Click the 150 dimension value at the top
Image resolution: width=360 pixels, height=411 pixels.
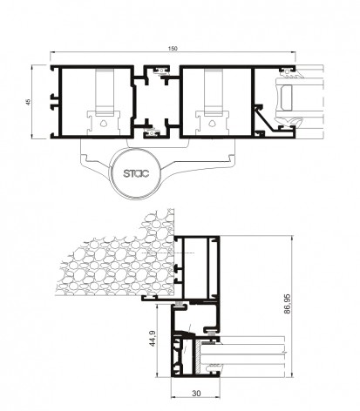[x=173, y=49]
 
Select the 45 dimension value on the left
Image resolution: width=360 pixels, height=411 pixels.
[x=28, y=102]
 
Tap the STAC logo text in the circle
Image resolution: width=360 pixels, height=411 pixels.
[x=136, y=173]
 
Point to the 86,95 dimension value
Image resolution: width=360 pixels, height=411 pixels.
[x=287, y=304]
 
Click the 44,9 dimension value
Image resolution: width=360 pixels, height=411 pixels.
[x=153, y=339]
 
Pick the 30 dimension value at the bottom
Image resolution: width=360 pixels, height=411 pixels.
[x=196, y=394]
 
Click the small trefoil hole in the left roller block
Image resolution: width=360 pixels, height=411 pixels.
[x=104, y=124]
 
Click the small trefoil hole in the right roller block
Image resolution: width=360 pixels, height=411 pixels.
[x=212, y=124]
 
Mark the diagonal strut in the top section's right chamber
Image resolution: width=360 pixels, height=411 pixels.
[x=265, y=119]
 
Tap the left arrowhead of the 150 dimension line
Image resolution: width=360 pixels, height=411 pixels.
[x=52, y=52]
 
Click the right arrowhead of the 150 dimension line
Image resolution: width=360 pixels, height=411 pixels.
[x=294, y=52]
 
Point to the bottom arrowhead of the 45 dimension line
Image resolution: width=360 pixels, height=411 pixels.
[x=32, y=137]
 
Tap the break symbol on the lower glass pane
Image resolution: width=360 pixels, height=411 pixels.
[x=286, y=353]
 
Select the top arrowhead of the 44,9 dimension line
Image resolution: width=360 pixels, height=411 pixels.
[x=157, y=307]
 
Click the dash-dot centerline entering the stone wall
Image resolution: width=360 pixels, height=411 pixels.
[x=167, y=253]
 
